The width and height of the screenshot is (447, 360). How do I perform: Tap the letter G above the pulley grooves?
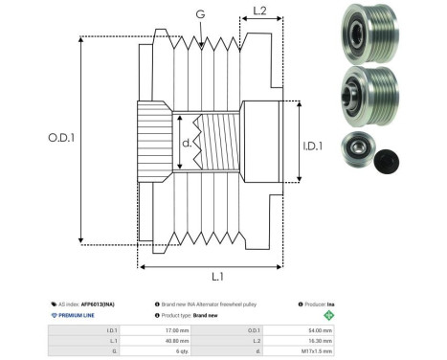198,14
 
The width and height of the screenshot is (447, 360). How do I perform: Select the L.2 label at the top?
258,11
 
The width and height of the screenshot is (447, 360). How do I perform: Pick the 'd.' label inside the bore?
187,145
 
